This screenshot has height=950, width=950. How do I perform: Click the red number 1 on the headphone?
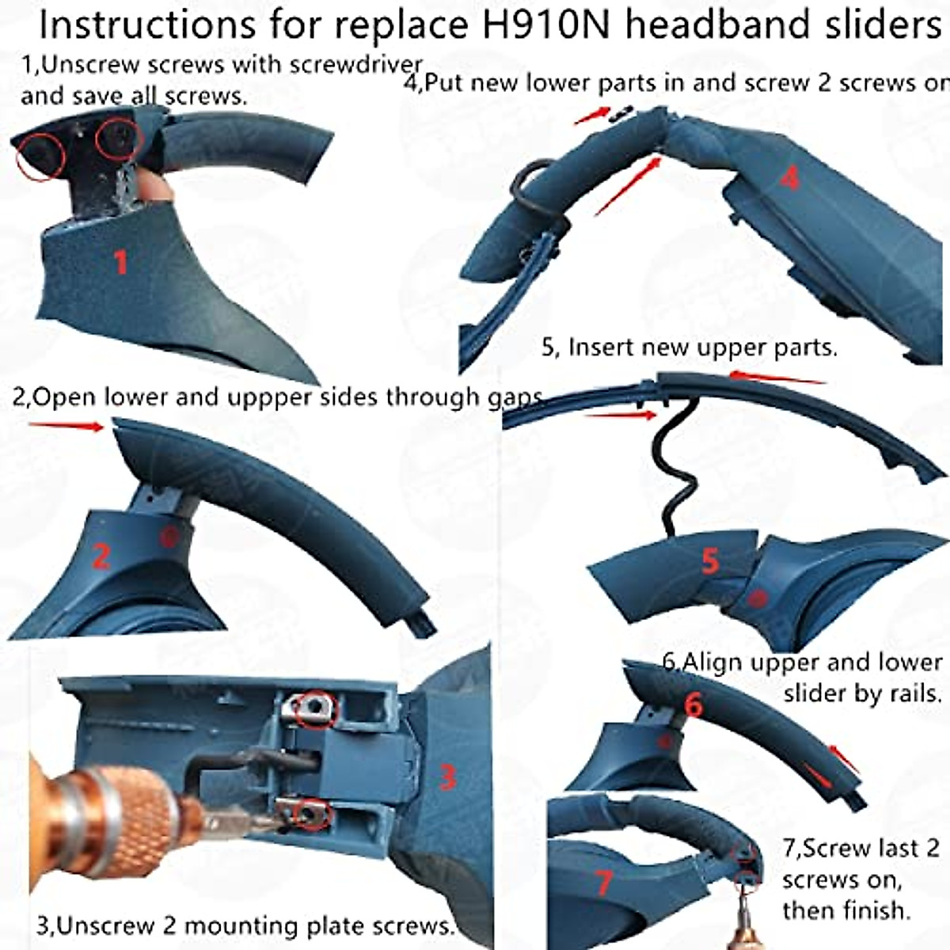(x=121, y=261)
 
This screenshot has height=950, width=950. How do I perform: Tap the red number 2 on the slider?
(x=101, y=557)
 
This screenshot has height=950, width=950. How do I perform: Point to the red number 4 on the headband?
(x=789, y=179)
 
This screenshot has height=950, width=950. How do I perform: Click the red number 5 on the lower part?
(x=710, y=561)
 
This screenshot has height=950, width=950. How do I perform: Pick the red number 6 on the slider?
(x=693, y=704)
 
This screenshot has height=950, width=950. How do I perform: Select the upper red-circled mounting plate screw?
(x=314, y=707)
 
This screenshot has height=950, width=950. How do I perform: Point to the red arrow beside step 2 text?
(x=67, y=426)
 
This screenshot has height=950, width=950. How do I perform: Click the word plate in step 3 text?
(x=294, y=925)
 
